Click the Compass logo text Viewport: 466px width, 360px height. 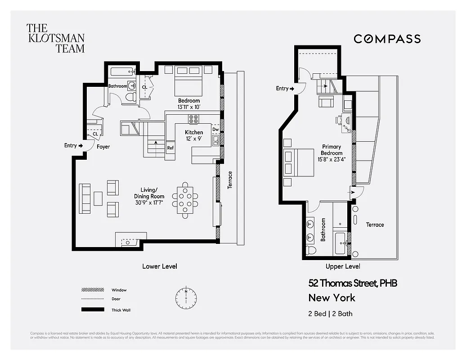coord(387,39)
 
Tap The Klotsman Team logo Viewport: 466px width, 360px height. coord(55,38)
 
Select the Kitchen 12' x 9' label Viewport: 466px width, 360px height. coord(194,135)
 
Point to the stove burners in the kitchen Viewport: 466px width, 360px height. coord(194,119)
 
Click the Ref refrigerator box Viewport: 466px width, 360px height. coord(170,148)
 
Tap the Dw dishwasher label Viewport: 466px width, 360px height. coord(215,130)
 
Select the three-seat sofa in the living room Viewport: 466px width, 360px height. coord(84,198)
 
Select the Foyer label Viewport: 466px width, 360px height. coord(103,147)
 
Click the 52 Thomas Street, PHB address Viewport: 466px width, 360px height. coord(352,283)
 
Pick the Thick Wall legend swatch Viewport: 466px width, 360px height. coord(92,310)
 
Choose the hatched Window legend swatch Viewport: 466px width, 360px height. coord(92,290)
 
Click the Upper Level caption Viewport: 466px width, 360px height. coord(343,266)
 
